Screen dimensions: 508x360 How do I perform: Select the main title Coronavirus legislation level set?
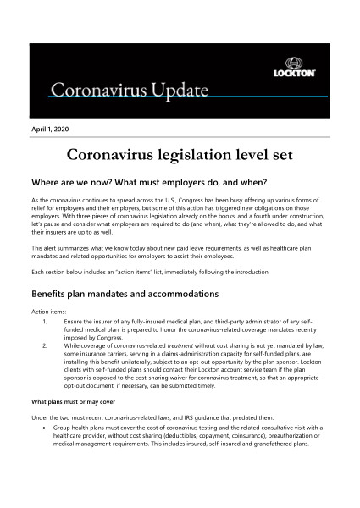tap(180, 154)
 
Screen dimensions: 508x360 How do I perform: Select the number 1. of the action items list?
tap(45, 323)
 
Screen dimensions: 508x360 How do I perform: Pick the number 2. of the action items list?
tap(45, 345)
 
